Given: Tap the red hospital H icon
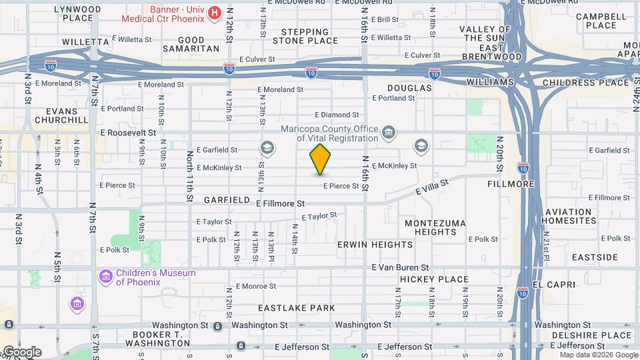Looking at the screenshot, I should tap(215, 13).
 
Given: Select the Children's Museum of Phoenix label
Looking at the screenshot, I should tap(155, 277).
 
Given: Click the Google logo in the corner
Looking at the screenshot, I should tap(21, 352).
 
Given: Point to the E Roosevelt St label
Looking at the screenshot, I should tap(128, 133).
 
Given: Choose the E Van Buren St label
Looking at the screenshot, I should tap(400, 267).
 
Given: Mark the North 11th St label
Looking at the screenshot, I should tap(190, 177).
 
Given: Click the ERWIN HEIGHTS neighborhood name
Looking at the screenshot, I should tap(375, 245).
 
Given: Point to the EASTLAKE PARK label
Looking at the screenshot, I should tap(297, 308).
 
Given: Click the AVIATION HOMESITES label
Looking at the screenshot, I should tap(567, 216).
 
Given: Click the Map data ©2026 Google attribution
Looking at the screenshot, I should tap(589, 355).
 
